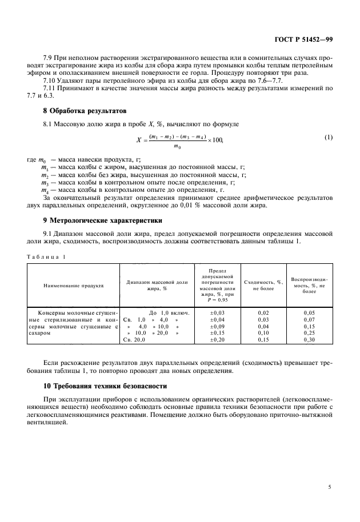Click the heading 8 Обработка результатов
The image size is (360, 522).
(x=78, y=110)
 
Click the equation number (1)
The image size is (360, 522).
(x=328, y=138)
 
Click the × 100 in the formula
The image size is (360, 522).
(x=216, y=139)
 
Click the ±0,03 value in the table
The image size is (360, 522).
(x=218, y=313)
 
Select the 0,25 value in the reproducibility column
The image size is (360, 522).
(x=309, y=332)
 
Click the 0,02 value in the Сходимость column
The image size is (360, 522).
(x=263, y=313)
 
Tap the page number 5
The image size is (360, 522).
(x=330, y=487)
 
